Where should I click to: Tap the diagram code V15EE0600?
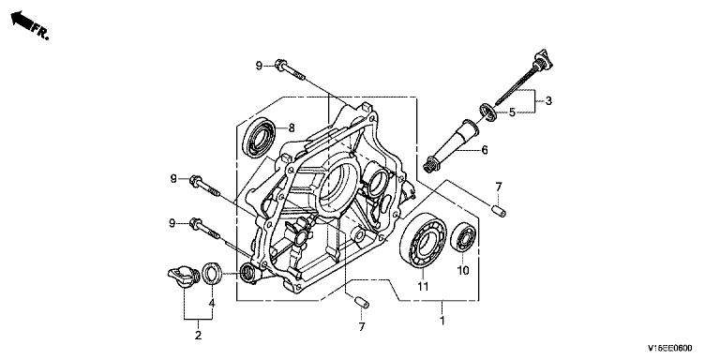(670, 348)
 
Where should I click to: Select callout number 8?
(292, 128)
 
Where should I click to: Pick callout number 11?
(423, 287)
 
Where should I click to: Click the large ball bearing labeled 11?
(423, 241)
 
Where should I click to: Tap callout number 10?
(463, 270)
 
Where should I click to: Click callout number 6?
(485, 150)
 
